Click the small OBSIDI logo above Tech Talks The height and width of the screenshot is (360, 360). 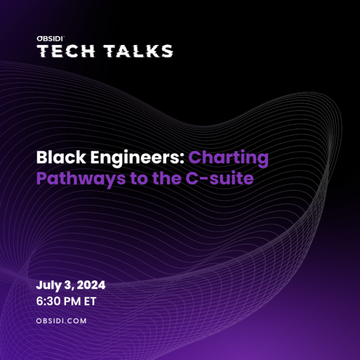50,38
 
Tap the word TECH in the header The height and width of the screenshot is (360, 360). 65,51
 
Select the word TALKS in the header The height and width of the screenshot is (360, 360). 138,51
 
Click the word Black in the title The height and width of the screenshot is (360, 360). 61,157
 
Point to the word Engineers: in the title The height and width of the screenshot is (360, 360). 137,158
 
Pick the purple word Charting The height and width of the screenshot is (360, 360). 229,158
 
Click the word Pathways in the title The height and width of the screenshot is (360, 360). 81,179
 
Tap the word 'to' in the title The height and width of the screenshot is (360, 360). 139,179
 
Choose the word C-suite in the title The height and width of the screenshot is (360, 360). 220,178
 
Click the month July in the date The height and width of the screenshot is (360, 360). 49,286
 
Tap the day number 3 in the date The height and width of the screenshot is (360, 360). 68,285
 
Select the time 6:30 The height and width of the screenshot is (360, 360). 47,301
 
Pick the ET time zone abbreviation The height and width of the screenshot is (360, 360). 90,301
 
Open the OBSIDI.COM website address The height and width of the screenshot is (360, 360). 61,321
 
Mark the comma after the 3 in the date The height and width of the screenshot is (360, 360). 73,289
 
